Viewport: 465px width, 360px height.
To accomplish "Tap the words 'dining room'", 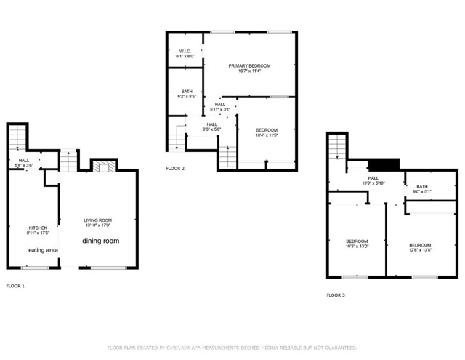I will [x=100, y=241].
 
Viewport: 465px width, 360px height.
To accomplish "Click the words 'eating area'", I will [x=43, y=250].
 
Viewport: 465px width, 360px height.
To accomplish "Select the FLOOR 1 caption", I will [x=15, y=286].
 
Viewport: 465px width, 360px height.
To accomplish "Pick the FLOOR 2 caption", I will [x=175, y=168].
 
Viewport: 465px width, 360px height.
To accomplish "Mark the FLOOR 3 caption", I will [x=336, y=295].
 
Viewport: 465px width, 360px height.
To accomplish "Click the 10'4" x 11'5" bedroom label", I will [x=267, y=132].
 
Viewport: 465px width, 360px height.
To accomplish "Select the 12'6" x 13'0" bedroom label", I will [x=420, y=247].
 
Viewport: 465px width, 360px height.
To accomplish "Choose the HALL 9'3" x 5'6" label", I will [x=211, y=127].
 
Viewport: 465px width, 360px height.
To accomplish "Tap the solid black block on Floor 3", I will [x=384, y=164].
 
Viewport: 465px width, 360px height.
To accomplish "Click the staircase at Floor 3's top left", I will [x=335, y=148].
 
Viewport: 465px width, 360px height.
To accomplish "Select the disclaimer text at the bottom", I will [x=232, y=348].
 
